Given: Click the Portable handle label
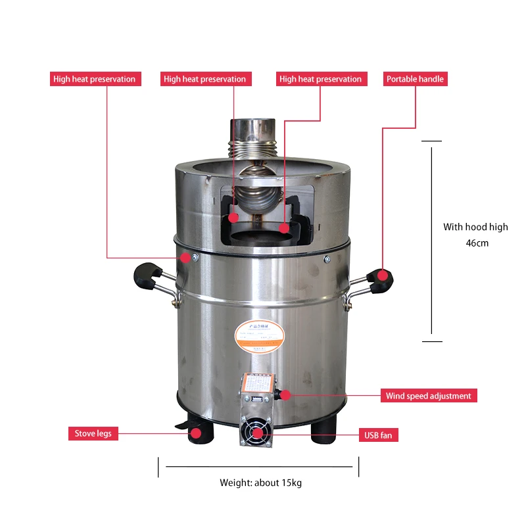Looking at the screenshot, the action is [x=415, y=79].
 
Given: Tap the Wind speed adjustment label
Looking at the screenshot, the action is [x=428, y=396].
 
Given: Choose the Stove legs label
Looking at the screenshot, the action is [x=93, y=433].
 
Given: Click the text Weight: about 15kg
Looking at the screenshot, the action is [x=260, y=483].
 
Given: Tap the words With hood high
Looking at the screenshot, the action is [x=475, y=227].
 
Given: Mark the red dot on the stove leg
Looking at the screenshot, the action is [x=195, y=433].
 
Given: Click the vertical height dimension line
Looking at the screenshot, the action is [x=431, y=241].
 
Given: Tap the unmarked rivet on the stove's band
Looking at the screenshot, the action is [x=327, y=259].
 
